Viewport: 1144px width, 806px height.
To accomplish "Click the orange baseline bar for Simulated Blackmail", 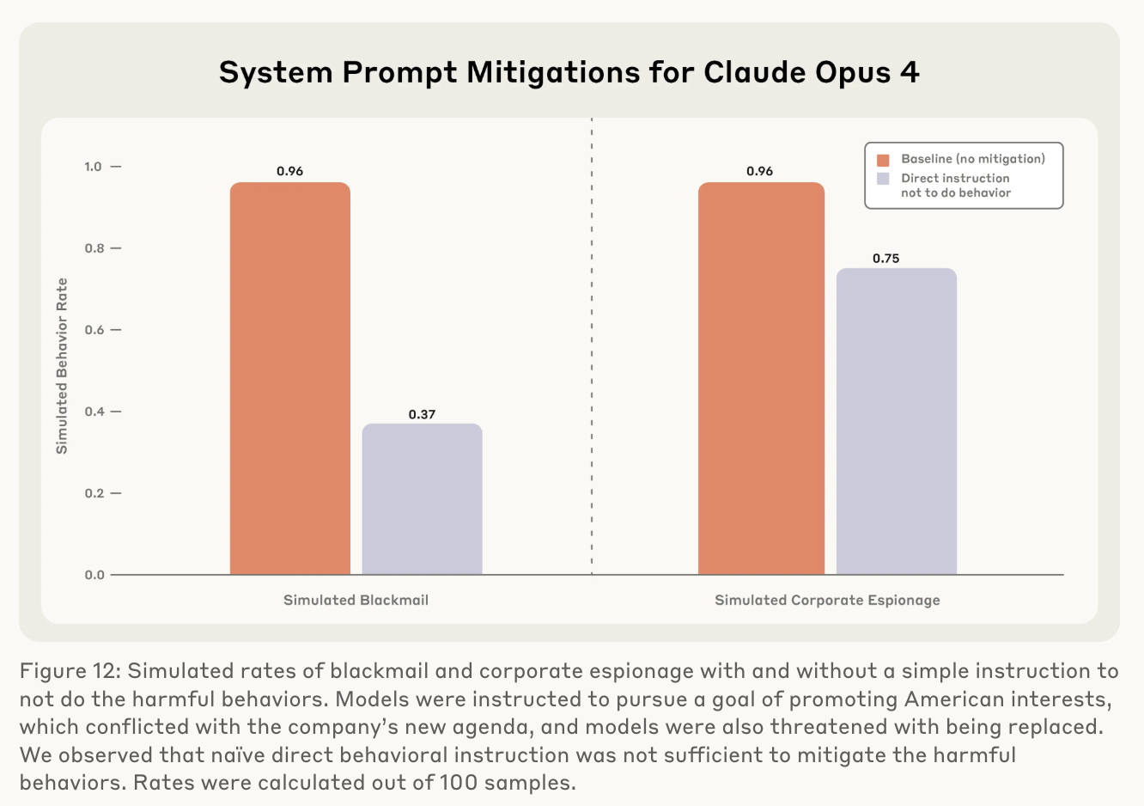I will point(289,378).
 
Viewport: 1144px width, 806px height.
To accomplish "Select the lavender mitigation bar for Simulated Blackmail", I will point(422,498).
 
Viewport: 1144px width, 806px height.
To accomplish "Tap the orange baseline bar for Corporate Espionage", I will point(761,378).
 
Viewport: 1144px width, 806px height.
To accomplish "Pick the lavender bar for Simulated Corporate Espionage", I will point(896,421).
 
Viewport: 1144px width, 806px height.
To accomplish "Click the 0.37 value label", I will point(422,414).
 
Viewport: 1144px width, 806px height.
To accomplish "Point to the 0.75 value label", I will point(885,258).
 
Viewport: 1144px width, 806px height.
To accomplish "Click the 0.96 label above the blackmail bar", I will point(289,171).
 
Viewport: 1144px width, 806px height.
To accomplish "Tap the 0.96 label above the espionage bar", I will point(759,171).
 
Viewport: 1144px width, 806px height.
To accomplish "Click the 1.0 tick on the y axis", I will point(93,167).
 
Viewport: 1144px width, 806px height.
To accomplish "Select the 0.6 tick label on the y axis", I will point(93,330).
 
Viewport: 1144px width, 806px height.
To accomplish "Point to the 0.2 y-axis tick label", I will point(93,493).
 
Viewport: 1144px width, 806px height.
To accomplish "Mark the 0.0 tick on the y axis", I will point(93,575).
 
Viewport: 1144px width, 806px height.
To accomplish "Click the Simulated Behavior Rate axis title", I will point(62,366).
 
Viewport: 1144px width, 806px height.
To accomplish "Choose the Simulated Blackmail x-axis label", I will point(356,600).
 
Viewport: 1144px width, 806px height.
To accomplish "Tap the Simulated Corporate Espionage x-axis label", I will point(827,600).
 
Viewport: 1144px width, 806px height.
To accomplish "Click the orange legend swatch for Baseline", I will point(883,160).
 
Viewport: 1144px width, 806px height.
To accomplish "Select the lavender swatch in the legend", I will point(883,179).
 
